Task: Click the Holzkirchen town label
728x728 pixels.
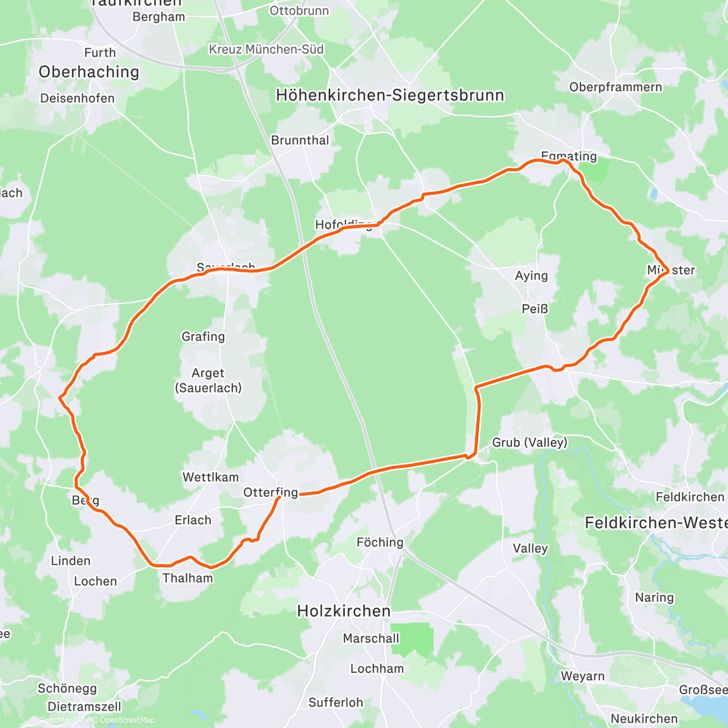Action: [x=343, y=611]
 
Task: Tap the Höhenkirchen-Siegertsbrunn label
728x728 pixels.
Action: [x=389, y=95]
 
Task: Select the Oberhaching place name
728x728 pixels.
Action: [x=89, y=72]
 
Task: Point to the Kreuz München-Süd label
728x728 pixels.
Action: [x=266, y=49]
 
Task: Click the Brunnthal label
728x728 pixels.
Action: [x=300, y=140]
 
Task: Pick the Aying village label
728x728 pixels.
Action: [x=531, y=275]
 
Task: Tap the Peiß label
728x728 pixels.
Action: [x=534, y=309]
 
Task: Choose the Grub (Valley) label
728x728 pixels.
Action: [x=530, y=442]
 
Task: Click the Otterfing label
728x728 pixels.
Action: [x=271, y=493]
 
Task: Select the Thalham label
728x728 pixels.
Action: [x=188, y=578]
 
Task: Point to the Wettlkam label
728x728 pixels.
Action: [x=211, y=477]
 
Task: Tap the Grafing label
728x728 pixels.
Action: [x=203, y=336]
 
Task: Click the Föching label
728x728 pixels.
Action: [x=380, y=542]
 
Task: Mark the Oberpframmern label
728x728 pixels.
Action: [x=615, y=87]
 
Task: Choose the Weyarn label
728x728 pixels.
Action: [x=582, y=676]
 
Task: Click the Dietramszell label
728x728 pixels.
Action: [x=84, y=707]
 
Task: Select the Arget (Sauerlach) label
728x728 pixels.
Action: [x=208, y=380]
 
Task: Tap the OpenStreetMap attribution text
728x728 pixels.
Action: [x=127, y=720]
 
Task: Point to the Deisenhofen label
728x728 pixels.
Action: [x=77, y=98]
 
